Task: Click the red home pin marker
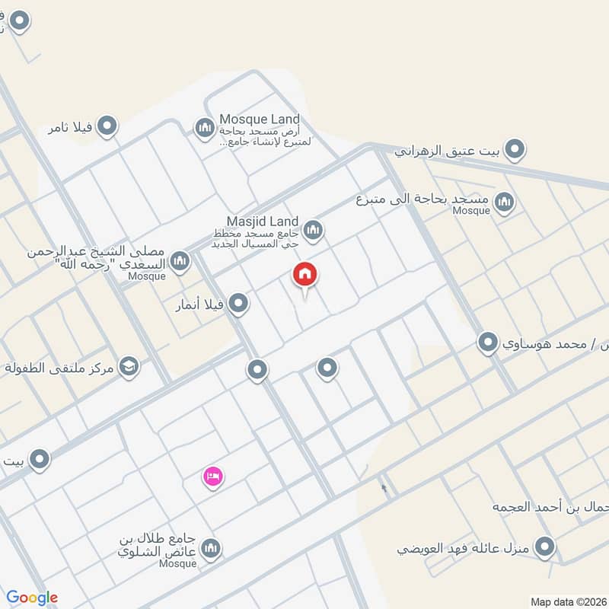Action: [305, 275]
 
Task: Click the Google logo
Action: [32, 598]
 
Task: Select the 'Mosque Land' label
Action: [260, 120]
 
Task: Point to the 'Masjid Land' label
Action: [263, 221]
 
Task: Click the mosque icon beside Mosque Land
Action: [204, 127]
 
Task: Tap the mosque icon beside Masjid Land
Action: [313, 229]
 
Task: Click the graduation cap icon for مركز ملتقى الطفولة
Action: [129, 367]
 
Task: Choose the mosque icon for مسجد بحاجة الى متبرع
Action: [503, 202]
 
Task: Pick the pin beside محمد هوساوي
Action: [487, 343]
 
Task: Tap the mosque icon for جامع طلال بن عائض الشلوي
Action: [212, 547]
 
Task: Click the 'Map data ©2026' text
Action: [567, 601]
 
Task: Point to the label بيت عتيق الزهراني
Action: [448, 151]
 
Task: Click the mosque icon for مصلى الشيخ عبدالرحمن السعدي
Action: [180, 262]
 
